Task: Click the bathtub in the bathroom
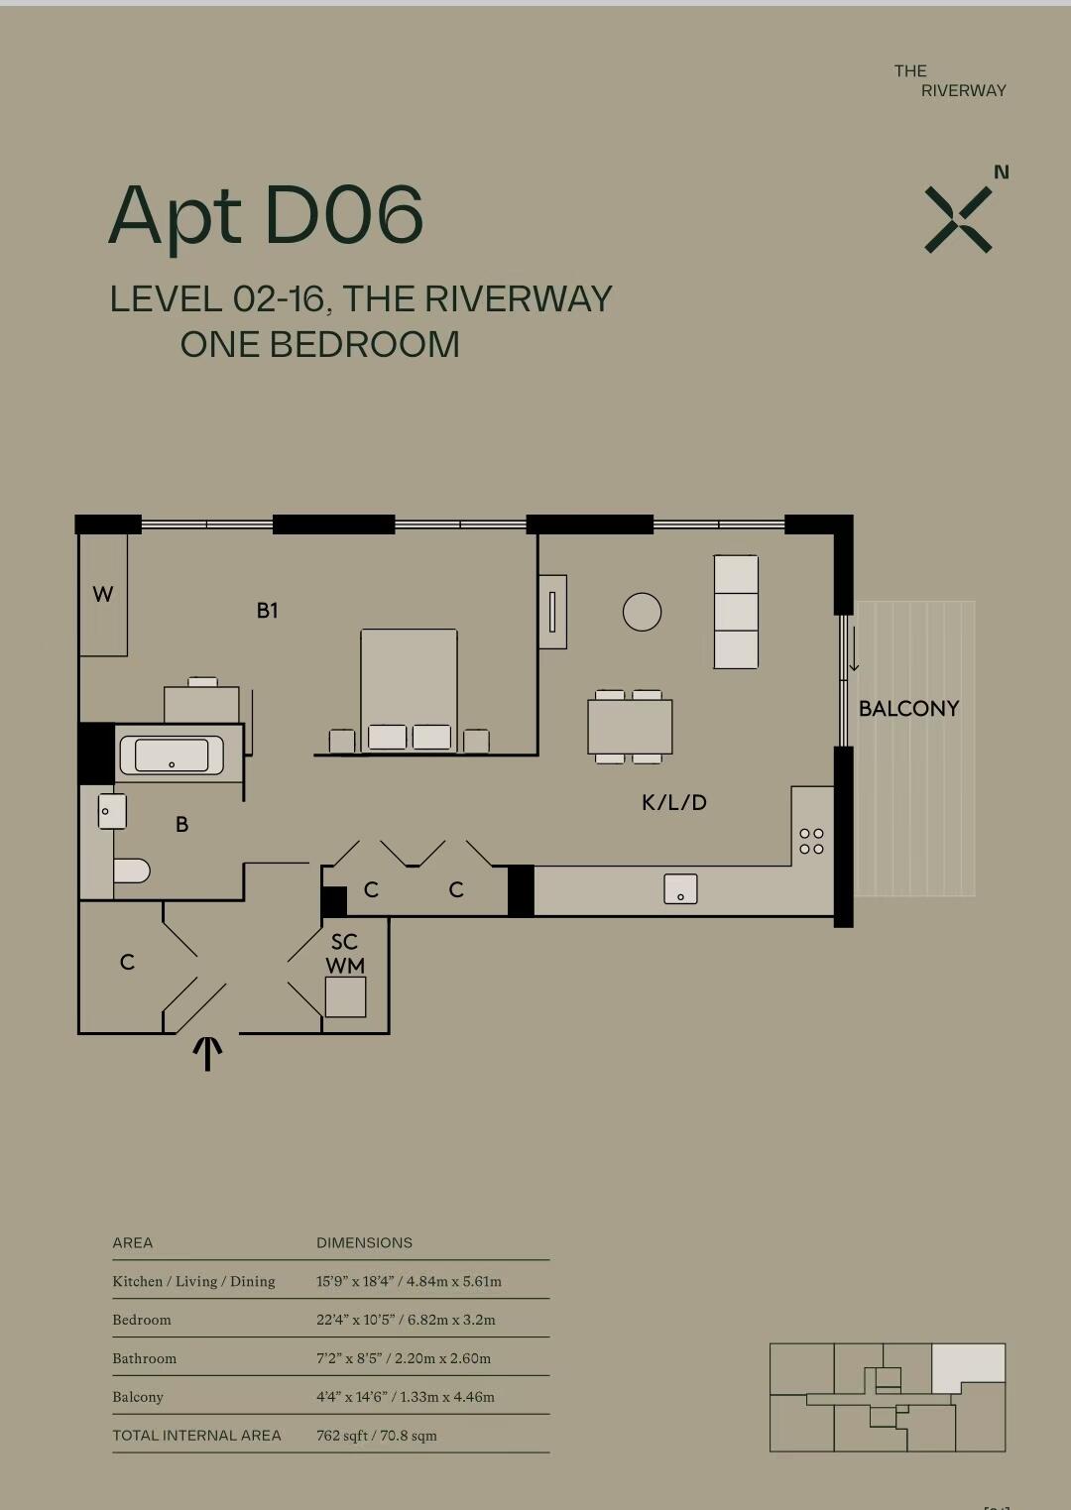pyautogui.click(x=172, y=755)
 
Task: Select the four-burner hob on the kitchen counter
pyautogui.click(x=811, y=841)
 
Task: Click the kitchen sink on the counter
pyautogui.click(x=680, y=889)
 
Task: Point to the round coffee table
pyautogui.click(x=642, y=612)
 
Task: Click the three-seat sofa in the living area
pyautogui.click(x=736, y=612)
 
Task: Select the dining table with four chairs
pyautogui.click(x=630, y=727)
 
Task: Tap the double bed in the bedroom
pyautogui.click(x=409, y=690)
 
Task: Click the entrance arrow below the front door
pyautogui.click(x=207, y=1053)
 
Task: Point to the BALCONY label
pyautogui.click(x=908, y=709)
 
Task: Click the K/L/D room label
pyautogui.click(x=673, y=802)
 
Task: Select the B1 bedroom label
pyautogui.click(x=268, y=610)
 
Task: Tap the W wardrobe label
pyautogui.click(x=102, y=594)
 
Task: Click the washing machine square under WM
pyautogui.click(x=345, y=997)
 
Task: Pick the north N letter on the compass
pyautogui.click(x=1002, y=173)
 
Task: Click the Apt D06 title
pyautogui.click(x=266, y=216)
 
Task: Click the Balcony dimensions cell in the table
pyautogui.click(x=406, y=1397)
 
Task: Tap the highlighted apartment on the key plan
pyautogui.click(x=968, y=1367)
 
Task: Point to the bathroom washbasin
pyautogui.click(x=112, y=811)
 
